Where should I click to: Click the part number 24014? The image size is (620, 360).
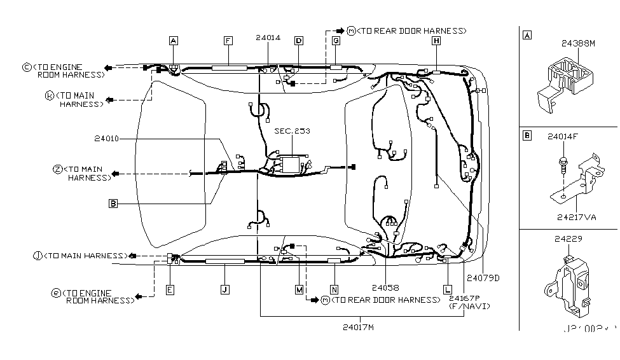(268, 38)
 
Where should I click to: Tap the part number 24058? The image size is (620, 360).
(386, 287)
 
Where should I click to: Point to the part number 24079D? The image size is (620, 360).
(483, 278)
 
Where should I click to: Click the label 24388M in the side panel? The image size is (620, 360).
(578, 44)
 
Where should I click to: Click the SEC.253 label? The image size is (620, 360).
(292, 131)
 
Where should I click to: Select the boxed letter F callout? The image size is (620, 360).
(227, 41)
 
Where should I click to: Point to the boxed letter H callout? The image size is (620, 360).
(436, 41)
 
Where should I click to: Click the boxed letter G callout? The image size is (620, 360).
(335, 41)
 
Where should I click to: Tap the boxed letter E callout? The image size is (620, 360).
(170, 289)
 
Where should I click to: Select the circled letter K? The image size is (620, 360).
(49, 95)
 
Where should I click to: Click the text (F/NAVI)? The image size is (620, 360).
(469, 306)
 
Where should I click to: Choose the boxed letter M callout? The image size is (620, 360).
(298, 289)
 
